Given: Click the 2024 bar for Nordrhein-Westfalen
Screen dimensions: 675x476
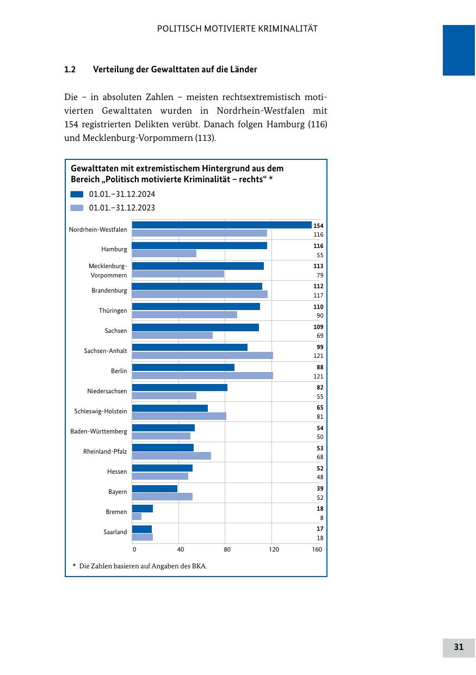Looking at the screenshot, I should (x=222, y=225).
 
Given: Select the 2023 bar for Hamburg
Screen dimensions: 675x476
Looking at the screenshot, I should (x=164, y=253).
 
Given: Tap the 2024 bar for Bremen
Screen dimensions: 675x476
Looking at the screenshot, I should (x=143, y=509).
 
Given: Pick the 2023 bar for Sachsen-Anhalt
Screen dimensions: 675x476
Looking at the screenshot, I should (x=202, y=355).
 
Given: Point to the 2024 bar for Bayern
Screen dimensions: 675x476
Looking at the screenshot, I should (x=155, y=488).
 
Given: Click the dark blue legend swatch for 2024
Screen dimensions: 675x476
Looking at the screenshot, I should (x=77, y=194).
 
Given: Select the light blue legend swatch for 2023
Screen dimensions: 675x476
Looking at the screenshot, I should (x=77, y=208).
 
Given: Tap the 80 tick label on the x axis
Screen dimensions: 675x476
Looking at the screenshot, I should (x=227, y=549).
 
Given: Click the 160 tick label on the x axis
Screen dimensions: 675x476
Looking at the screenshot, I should (x=317, y=549).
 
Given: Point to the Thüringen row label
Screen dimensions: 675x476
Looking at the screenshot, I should (x=113, y=311).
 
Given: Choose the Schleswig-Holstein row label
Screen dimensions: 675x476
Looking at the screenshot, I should (x=101, y=411).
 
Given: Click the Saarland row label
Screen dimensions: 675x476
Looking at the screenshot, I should (x=115, y=532).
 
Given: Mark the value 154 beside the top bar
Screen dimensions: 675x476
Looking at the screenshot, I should (x=318, y=226).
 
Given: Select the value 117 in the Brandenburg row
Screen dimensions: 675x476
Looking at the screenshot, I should (x=318, y=295).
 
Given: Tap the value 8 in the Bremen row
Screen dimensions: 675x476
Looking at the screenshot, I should (x=322, y=518).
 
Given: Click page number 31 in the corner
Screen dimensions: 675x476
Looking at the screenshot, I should (x=459, y=647).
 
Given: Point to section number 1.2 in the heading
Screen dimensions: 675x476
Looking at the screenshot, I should (x=70, y=70).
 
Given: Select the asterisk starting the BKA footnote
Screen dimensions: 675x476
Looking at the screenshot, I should (x=74, y=566).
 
